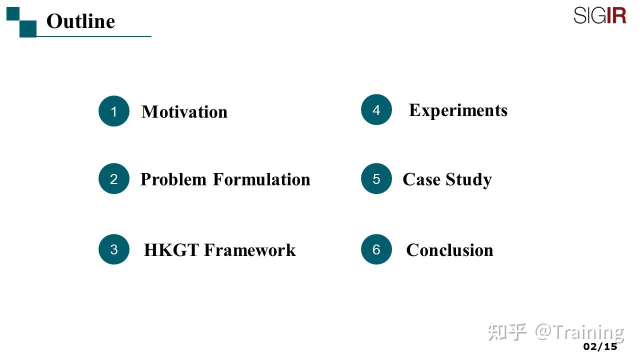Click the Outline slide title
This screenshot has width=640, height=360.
click(x=80, y=21)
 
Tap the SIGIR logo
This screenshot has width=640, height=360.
click(x=599, y=15)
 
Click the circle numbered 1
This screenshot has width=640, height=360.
click(x=114, y=111)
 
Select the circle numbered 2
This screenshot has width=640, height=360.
click(x=114, y=179)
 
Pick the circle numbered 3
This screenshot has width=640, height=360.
click(x=114, y=249)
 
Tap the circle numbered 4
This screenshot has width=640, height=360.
click(x=376, y=109)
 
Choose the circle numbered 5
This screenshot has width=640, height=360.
click(x=376, y=179)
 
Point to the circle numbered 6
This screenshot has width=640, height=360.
click(x=376, y=249)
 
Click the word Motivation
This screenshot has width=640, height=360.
click(x=184, y=111)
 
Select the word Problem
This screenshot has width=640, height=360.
click(x=173, y=179)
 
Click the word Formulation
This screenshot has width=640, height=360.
click(x=261, y=179)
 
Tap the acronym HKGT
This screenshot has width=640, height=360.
click(x=171, y=249)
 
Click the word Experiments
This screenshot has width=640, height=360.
click(x=458, y=110)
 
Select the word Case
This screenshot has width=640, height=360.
click(x=421, y=179)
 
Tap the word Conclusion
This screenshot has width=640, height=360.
click(x=449, y=249)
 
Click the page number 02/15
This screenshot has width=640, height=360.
click(x=600, y=346)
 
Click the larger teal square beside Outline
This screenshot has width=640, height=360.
click(x=28, y=28)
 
